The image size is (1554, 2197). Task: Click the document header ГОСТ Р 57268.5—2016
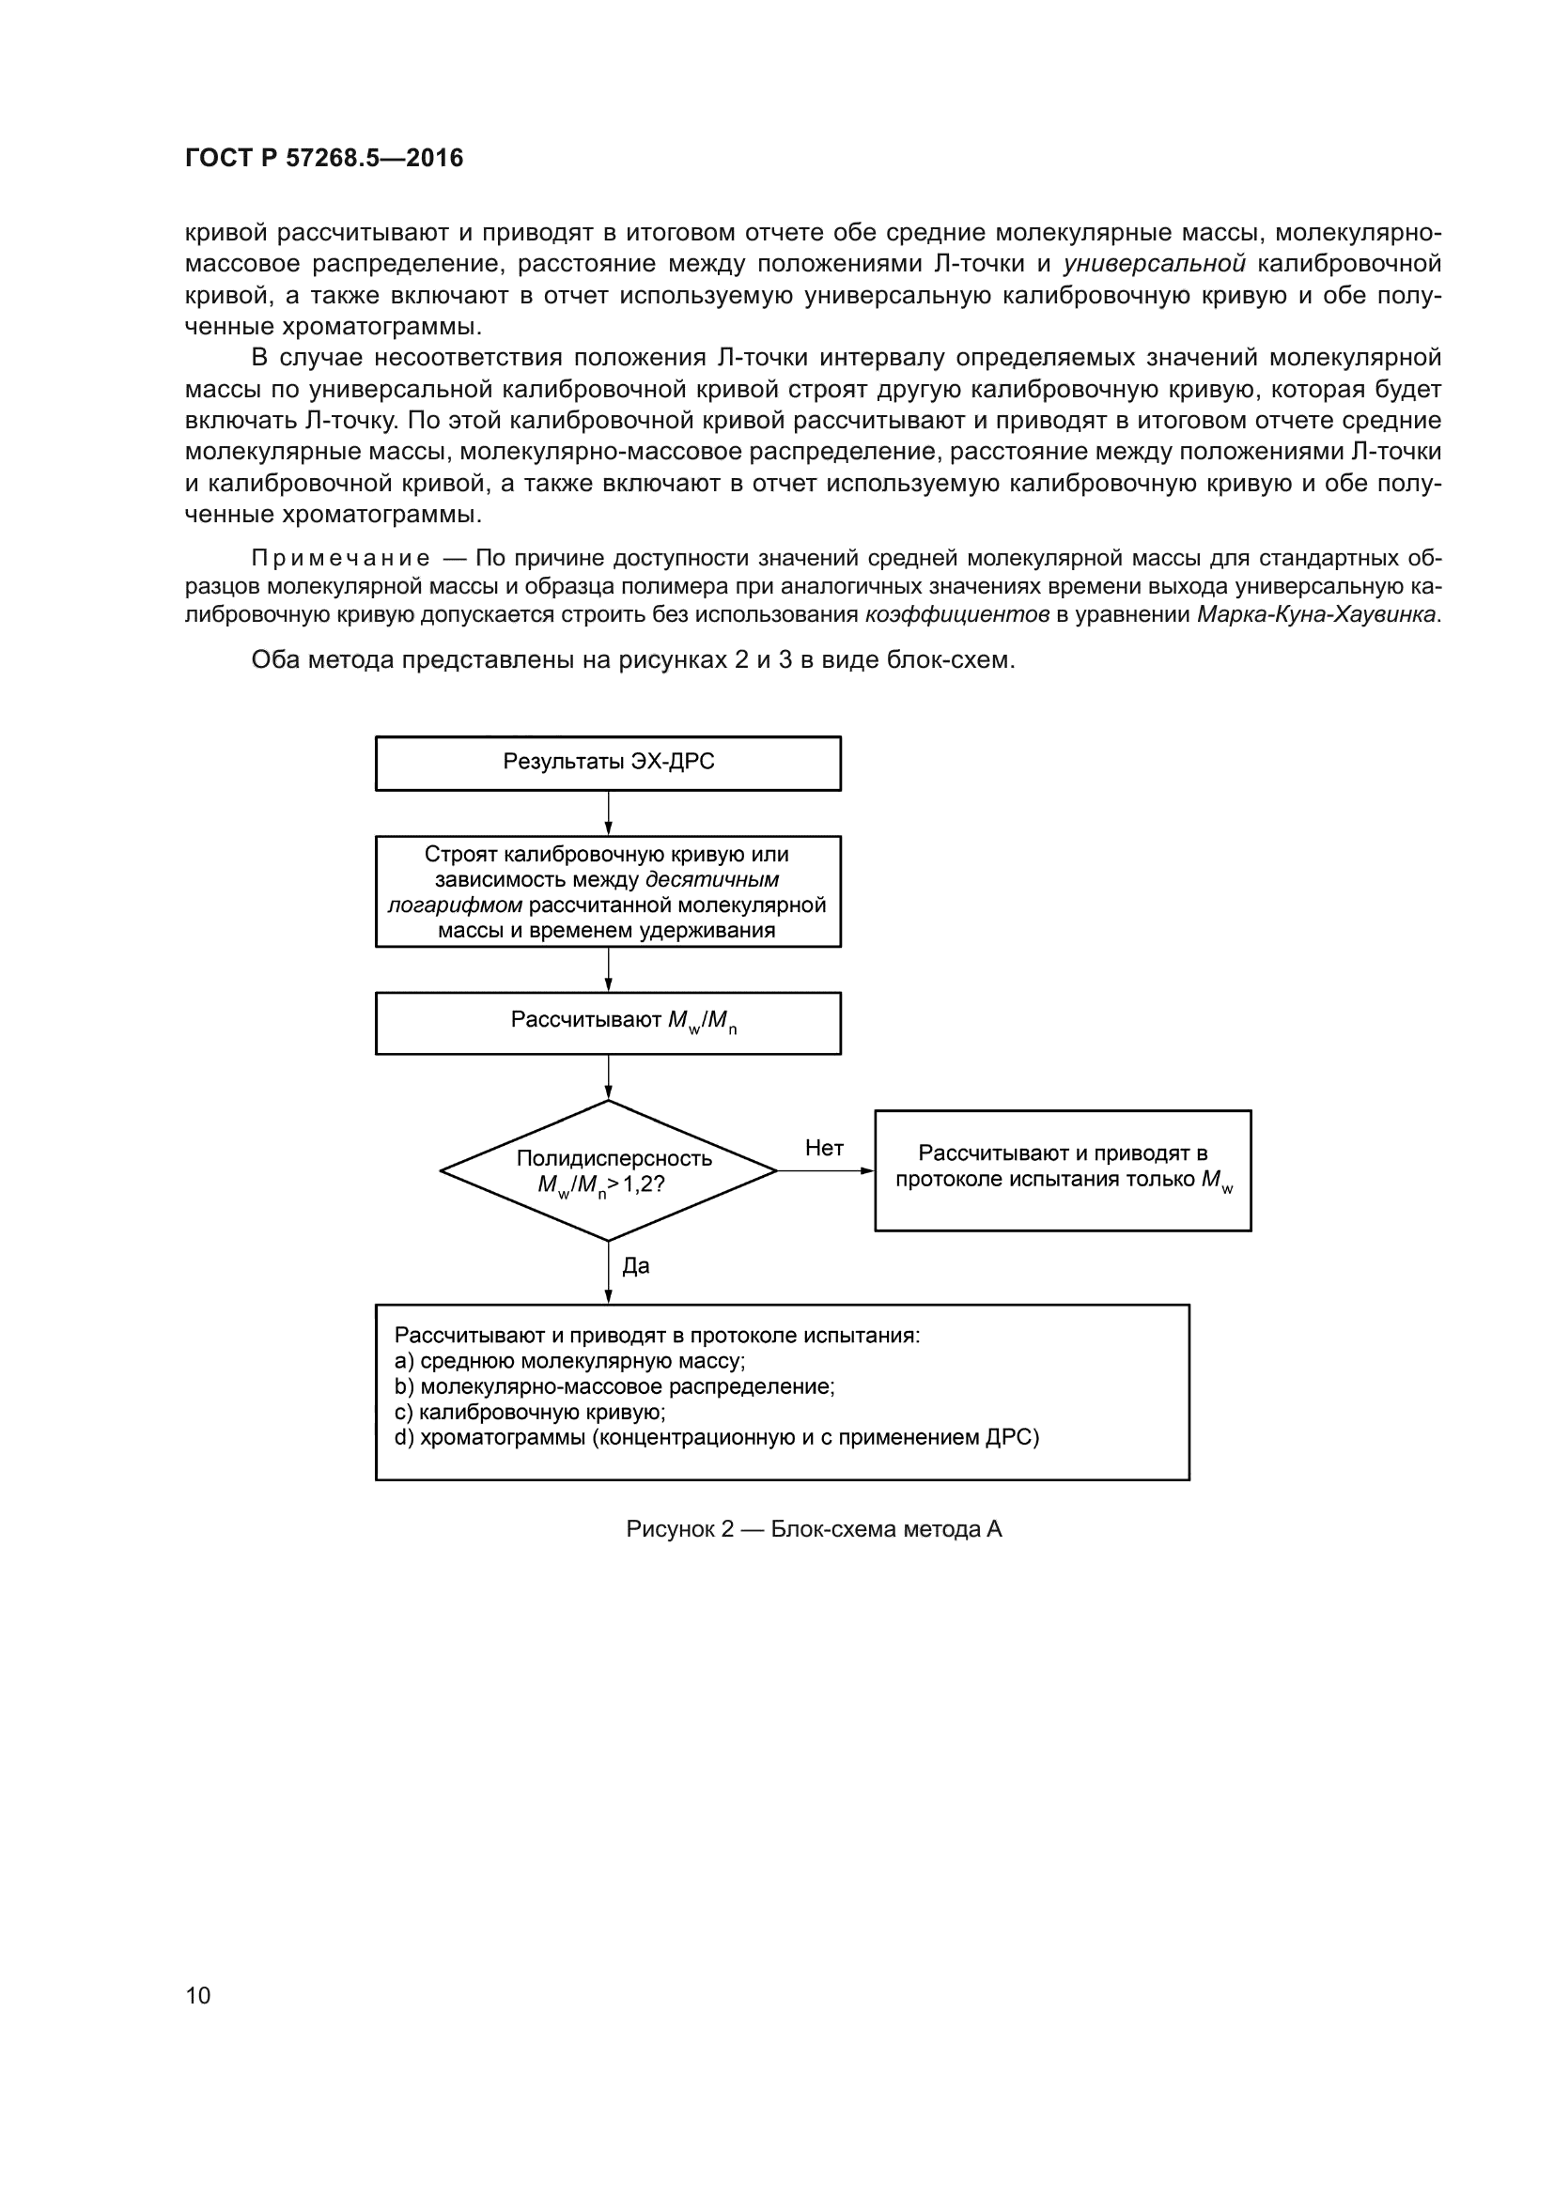click(323, 158)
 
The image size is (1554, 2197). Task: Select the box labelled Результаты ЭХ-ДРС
click(608, 763)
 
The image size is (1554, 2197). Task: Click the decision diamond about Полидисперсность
click(608, 1170)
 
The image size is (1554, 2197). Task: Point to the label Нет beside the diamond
click(824, 1148)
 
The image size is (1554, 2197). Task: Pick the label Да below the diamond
click(635, 1266)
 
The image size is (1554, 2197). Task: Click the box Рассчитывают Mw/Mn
click(608, 1023)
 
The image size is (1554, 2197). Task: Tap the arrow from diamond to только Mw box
click(825, 1170)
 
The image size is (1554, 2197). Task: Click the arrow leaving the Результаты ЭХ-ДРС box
click(608, 812)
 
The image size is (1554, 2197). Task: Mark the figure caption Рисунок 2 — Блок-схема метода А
click(814, 1529)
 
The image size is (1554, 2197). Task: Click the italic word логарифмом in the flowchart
click(455, 905)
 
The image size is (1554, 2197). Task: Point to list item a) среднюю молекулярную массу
click(569, 1361)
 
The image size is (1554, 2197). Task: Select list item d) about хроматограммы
click(716, 1437)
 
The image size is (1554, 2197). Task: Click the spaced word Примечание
click(340, 558)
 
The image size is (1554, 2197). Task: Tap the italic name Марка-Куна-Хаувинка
click(1315, 614)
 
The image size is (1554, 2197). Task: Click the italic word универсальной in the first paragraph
click(1154, 263)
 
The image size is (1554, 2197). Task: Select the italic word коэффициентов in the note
click(956, 614)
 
